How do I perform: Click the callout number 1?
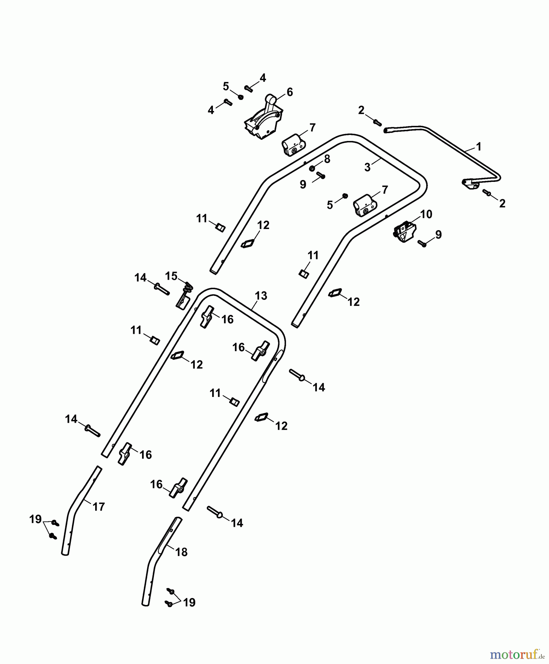tap(479, 147)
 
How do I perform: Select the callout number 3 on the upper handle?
tap(367, 167)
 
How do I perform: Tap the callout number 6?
tap(290, 92)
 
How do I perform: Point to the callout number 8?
tap(327, 159)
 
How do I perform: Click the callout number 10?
tap(426, 214)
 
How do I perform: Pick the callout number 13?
tap(260, 296)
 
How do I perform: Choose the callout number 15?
tap(171, 276)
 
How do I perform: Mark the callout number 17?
tap(99, 507)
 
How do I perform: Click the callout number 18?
tap(182, 552)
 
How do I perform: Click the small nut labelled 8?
tap(312, 169)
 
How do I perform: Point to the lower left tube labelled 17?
tap(74, 516)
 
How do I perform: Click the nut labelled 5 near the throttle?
tap(241, 97)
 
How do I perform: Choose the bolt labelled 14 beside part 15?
tap(161, 288)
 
